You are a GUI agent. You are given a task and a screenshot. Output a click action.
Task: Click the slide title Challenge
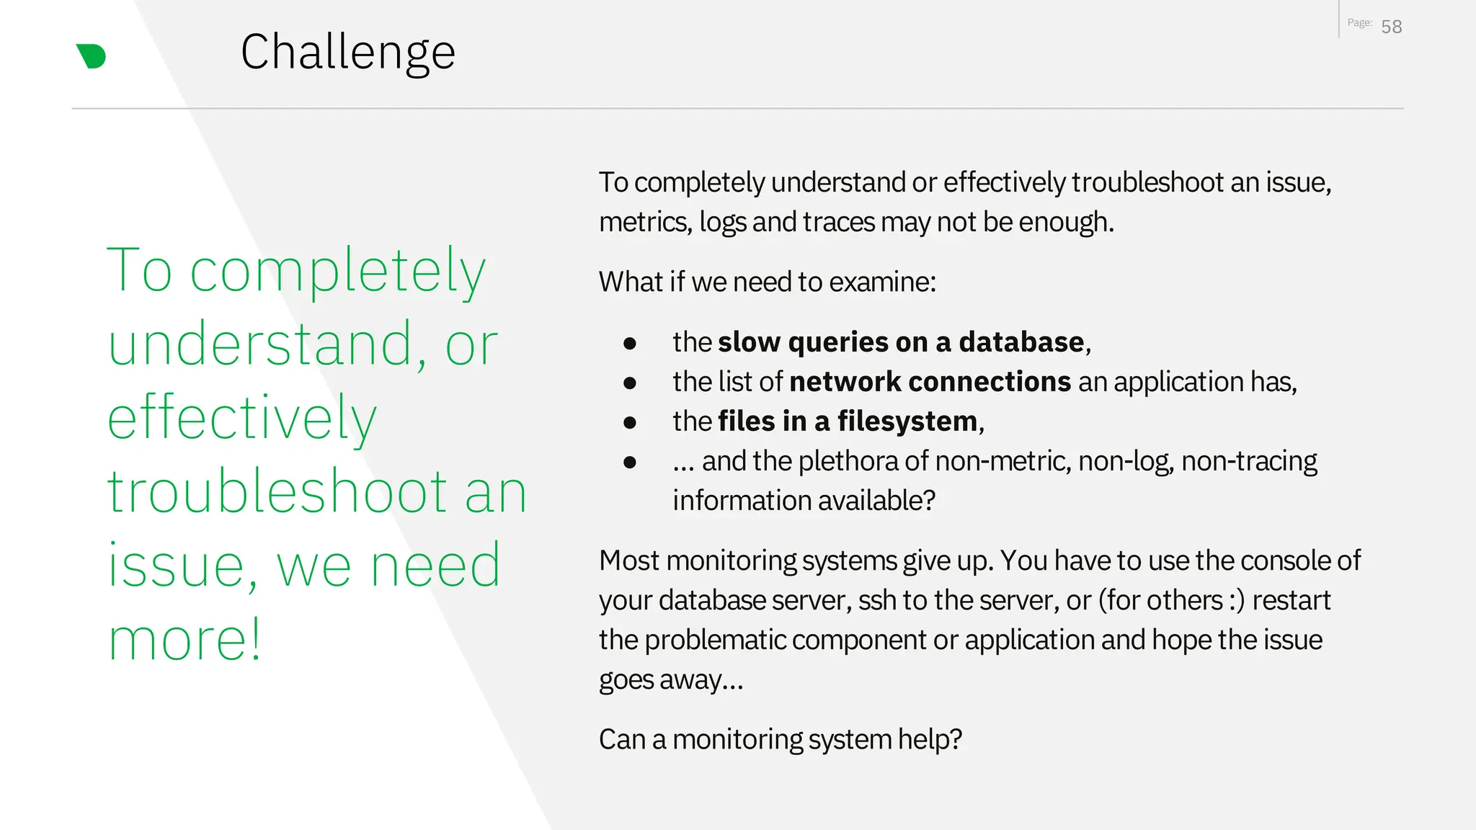(347, 52)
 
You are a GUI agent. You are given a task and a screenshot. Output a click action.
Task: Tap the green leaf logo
(92, 56)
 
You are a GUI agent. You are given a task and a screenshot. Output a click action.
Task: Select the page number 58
(1391, 27)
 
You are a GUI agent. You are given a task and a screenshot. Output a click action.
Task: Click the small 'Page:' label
(1359, 23)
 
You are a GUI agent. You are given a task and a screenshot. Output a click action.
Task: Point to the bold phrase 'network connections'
(930, 382)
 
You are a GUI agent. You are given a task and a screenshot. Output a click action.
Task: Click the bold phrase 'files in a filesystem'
(848, 421)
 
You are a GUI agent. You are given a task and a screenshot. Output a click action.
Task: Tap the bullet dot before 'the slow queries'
(630, 343)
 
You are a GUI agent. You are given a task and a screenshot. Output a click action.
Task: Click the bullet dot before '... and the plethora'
(630, 462)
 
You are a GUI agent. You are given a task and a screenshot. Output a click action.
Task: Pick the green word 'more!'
(184, 640)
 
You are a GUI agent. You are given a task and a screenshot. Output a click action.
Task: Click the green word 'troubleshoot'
(277, 492)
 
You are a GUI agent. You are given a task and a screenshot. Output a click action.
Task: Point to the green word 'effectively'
(242, 419)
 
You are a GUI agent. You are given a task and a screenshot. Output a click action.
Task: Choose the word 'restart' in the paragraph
(1291, 601)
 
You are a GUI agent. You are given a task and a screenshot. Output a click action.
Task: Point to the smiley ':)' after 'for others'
(1236, 601)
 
